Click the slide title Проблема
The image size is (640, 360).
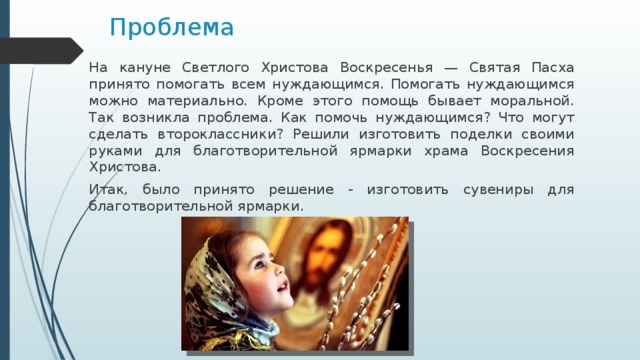[x=171, y=25]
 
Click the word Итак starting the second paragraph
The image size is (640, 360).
[x=107, y=188]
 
